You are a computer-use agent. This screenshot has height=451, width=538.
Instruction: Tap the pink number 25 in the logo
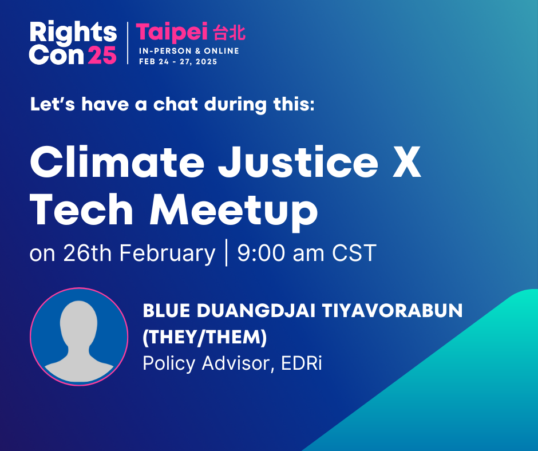point(102,55)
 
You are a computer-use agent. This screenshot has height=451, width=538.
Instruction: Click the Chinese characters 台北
point(229,33)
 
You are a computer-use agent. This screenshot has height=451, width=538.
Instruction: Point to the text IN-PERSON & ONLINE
point(189,51)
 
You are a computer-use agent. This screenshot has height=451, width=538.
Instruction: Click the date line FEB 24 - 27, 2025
point(178,62)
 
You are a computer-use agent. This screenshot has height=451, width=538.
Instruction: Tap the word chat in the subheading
point(175,104)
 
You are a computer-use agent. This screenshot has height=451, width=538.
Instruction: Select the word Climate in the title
point(117,161)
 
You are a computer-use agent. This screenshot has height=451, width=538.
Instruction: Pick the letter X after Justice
point(406,161)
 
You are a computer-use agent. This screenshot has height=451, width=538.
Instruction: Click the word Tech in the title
point(81,209)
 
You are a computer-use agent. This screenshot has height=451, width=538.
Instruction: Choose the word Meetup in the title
point(234,211)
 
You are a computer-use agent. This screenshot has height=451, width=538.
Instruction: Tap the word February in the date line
point(168,254)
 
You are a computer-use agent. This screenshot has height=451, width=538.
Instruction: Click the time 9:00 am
point(280,254)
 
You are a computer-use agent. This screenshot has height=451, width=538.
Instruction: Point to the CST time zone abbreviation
point(354,254)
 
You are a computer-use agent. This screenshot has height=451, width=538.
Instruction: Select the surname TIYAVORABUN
point(393,311)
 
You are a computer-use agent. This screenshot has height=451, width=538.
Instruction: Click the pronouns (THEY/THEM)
point(204,337)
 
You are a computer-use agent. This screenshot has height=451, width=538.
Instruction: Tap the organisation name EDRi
point(302,363)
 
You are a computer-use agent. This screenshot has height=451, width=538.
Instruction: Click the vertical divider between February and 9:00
point(227,253)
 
